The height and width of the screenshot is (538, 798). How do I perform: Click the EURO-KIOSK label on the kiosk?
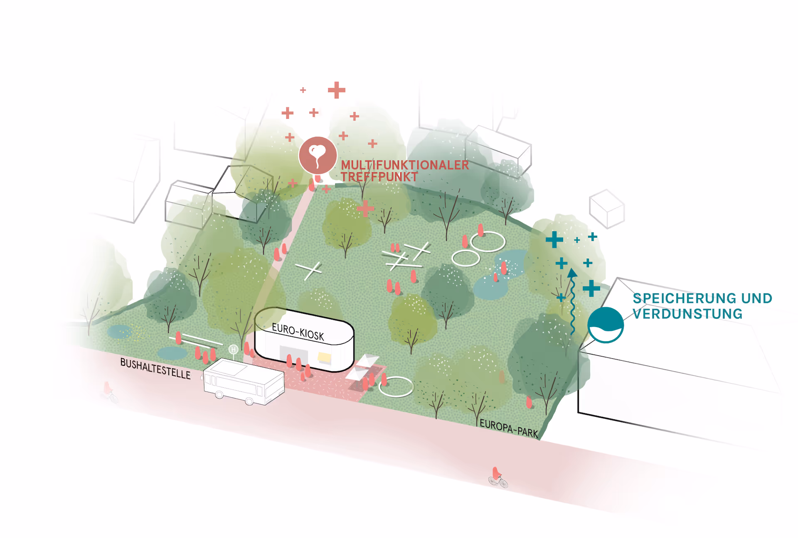coord(298,332)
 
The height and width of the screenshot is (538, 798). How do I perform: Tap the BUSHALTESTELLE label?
coord(155,368)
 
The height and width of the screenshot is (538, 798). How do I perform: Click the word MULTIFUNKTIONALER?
coord(404,165)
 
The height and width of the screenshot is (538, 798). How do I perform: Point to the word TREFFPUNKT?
coord(379,177)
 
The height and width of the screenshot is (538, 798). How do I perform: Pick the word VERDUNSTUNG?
coord(687,314)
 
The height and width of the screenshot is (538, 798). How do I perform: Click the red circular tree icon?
coord(318,155)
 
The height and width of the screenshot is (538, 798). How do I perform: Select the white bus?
coord(244,381)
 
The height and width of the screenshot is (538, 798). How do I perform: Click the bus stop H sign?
coord(233,350)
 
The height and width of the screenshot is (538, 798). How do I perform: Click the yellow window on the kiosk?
coord(324,357)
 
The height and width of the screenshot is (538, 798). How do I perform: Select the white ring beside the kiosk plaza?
coord(396,386)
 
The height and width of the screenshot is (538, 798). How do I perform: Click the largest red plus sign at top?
coord(337,90)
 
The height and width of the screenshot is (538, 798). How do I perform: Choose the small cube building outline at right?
coord(607,209)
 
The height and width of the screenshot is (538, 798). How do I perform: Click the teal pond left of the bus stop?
coord(172,353)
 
